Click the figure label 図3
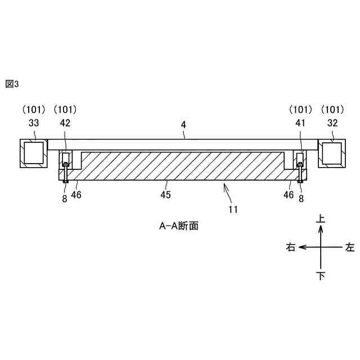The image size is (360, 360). pos(12,84)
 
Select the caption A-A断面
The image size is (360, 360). pos(178,227)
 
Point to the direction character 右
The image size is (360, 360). pos(291,247)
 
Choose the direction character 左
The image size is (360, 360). pos(350,247)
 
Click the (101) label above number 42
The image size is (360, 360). pos(65,109)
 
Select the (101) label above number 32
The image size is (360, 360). pos(331,109)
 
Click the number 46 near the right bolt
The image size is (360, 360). pos(288,195)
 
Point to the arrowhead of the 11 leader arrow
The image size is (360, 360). pos(225,184)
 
